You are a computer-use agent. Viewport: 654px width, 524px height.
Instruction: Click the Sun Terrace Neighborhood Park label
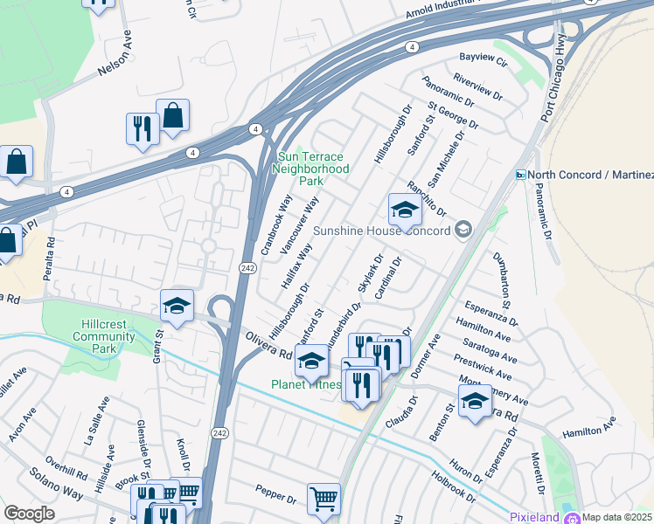click(x=312, y=169)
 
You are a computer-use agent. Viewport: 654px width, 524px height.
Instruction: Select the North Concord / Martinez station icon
click(x=519, y=175)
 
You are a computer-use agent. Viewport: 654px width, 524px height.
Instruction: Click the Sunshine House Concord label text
click(x=381, y=231)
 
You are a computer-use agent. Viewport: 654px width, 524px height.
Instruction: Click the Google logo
click(x=29, y=514)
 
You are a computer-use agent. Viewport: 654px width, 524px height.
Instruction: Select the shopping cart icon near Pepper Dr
click(x=324, y=499)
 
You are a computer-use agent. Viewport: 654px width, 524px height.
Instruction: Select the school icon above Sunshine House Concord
click(x=405, y=210)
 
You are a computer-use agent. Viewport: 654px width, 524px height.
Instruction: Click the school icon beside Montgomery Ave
click(x=475, y=400)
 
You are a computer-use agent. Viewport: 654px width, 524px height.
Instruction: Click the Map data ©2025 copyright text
click(x=617, y=517)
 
